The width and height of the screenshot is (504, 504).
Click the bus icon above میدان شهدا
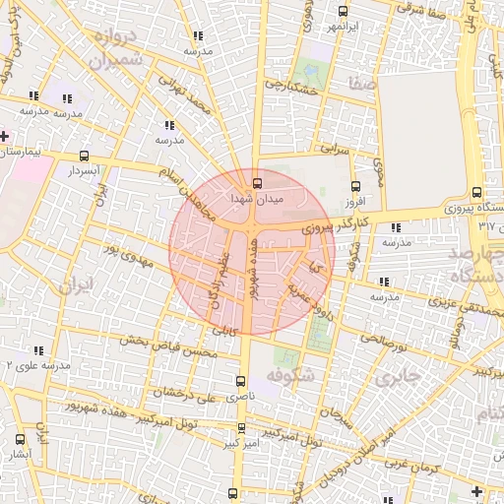[x=258, y=182]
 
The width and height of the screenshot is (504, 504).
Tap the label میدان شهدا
[x=256, y=199]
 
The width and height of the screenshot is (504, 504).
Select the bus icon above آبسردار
[x=84, y=156]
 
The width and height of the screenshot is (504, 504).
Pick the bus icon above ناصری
[x=241, y=380]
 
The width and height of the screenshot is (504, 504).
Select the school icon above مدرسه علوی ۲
[x=39, y=349]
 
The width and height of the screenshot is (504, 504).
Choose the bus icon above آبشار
[x=22, y=439]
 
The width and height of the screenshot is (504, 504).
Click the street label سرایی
[x=335, y=150]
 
